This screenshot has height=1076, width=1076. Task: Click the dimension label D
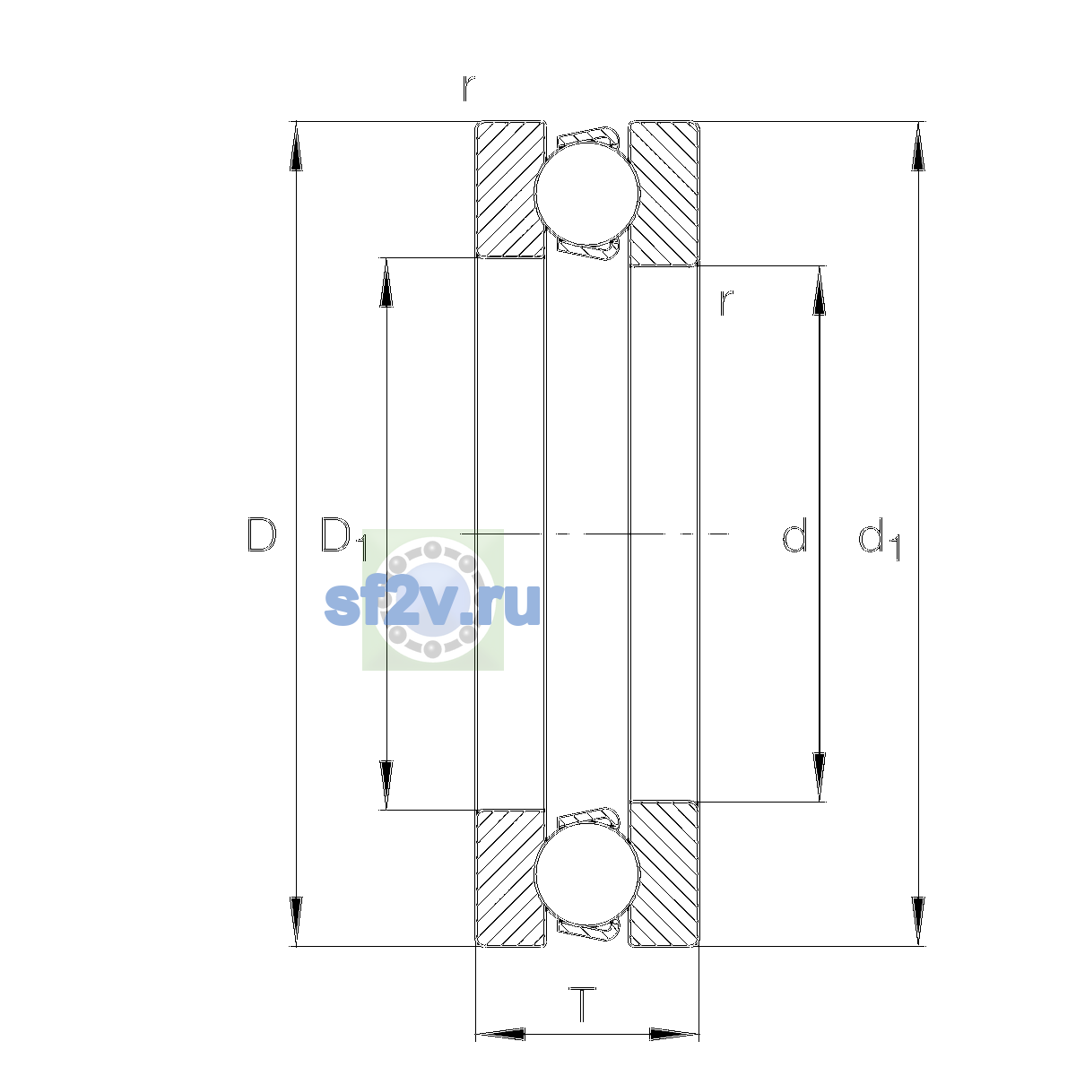coord(261,535)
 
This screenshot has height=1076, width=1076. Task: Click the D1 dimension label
coord(343,537)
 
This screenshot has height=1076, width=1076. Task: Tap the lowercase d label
coord(794,535)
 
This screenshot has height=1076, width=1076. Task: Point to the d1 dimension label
coord(879,538)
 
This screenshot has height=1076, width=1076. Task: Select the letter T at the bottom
coord(582,1004)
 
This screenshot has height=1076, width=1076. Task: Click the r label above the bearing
coord(468,88)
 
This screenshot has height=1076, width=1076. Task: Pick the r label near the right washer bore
coord(725,303)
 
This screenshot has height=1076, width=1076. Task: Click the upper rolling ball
coord(586,193)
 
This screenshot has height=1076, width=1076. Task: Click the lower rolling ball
coord(586,875)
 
